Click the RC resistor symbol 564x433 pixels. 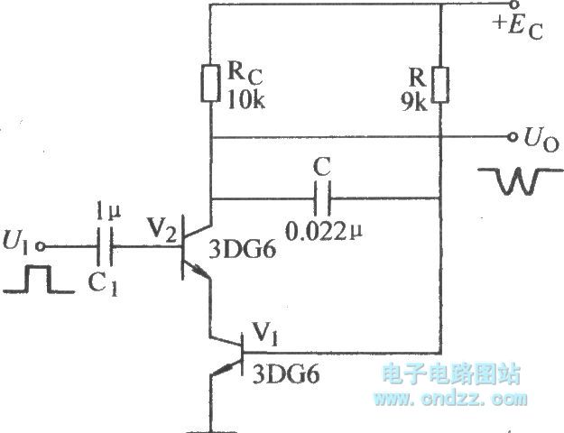[x=210, y=82]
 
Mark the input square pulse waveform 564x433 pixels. [x=34, y=281]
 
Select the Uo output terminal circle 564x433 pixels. [x=511, y=138]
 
